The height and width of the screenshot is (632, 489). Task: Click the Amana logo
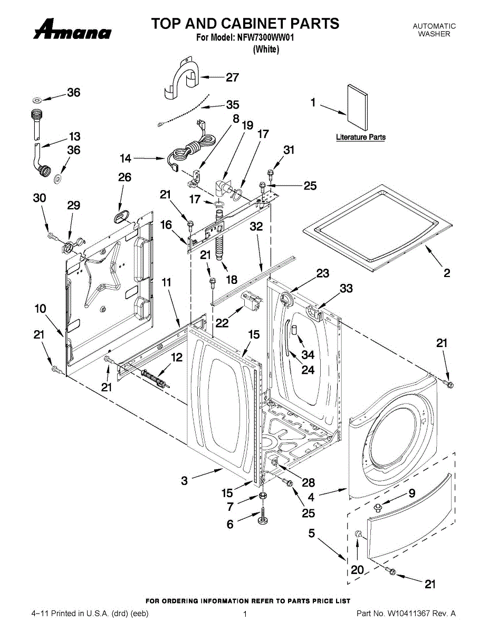(x=72, y=31)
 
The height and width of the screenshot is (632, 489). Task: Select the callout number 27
(x=232, y=77)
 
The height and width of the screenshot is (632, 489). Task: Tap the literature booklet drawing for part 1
(x=358, y=107)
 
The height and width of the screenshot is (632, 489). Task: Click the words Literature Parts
(x=361, y=137)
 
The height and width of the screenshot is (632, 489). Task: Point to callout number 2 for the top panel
(x=447, y=273)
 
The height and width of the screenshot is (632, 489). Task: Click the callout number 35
(x=233, y=105)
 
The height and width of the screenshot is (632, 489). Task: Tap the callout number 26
(x=124, y=177)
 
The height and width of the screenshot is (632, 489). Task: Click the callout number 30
(x=40, y=198)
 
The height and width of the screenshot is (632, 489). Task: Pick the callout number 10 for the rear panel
(x=41, y=309)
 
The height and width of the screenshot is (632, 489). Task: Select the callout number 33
(x=346, y=288)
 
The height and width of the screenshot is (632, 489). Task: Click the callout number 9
(x=412, y=493)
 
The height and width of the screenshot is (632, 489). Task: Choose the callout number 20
(x=357, y=570)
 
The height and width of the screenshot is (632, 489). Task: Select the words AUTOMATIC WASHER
(x=434, y=30)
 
